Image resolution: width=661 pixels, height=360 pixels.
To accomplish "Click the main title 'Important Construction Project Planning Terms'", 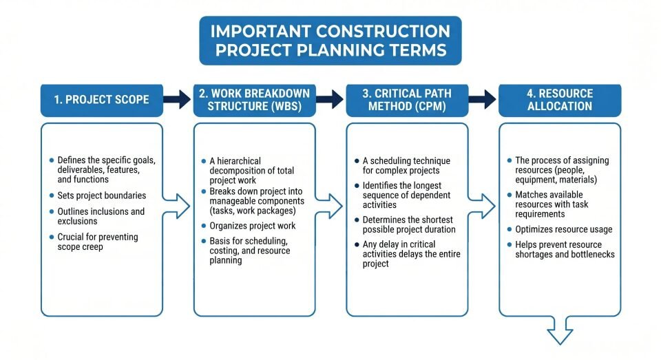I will point(330,41).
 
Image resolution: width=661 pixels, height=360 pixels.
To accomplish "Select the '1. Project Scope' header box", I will point(102,99).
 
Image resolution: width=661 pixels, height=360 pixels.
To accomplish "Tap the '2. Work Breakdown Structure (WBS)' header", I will point(254,99).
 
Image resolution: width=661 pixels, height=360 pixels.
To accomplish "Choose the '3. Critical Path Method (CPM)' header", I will point(407,99).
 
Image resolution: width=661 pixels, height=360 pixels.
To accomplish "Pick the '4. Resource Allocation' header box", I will point(559,99).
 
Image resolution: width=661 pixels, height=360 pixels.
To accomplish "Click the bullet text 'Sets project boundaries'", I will point(102,195).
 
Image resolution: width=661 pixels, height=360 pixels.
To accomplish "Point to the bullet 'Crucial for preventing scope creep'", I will point(98,242).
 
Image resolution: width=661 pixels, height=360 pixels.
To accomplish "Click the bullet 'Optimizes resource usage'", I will point(563,229).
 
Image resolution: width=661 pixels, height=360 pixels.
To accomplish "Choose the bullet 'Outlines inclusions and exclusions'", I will point(101,216).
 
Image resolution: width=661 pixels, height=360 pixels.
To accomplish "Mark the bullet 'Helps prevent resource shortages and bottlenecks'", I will point(565,249).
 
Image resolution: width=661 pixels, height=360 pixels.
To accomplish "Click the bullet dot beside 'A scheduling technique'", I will point(357,160).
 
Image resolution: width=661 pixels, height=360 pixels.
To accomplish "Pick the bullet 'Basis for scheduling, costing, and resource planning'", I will point(250,251).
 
